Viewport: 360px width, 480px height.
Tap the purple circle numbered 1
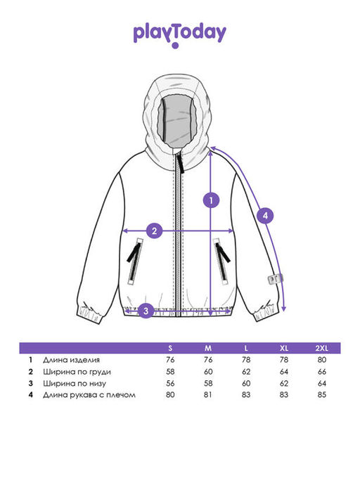pyautogui.click(x=211, y=200)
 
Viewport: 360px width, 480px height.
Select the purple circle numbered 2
pyautogui.click(x=154, y=231)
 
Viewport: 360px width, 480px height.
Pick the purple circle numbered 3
pyautogui.click(x=146, y=311)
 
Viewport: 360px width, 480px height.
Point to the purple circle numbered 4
pyautogui.click(x=265, y=216)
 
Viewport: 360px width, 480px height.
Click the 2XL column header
pyautogui.click(x=322, y=349)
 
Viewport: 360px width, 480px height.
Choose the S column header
pyautogui.click(x=170, y=349)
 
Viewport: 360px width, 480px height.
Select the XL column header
pyautogui.click(x=284, y=349)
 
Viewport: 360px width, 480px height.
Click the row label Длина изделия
pyautogui.click(x=72, y=360)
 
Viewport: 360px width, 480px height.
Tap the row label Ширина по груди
pyautogui.click(x=77, y=372)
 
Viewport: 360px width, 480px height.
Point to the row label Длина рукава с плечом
pyautogui.click(x=89, y=395)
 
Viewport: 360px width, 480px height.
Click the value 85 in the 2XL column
pyautogui.click(x=322, y=395)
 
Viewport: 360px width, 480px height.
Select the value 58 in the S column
pyautogui.click(x=170, y=372)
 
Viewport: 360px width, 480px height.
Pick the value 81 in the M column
pyautogui.click(x=208, y=395)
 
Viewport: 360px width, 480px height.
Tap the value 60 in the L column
pyautogui.click(x=246, y=383)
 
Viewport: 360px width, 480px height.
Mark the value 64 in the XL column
pyautogui.click(x=284, y=372)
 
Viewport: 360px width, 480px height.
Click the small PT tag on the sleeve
pyautogui.click(x=275, y=279)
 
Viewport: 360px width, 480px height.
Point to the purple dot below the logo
pyautogui.click(x=175, y=46)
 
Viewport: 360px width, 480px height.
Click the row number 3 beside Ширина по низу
pyautogui.click(x=30, y=383)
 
